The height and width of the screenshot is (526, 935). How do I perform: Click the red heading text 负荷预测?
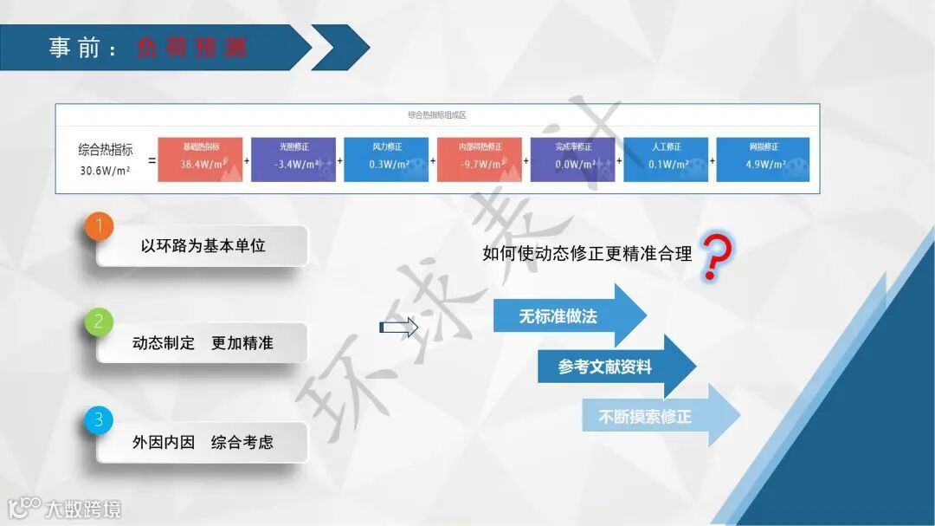click(191, 48)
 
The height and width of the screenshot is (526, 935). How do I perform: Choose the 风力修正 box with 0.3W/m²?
click(386, 159)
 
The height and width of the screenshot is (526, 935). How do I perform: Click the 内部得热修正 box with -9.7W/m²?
click(479, 159)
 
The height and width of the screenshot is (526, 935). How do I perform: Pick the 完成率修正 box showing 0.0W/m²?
click(572, 159)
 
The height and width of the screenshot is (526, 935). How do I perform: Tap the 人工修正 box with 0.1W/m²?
click(666, 159)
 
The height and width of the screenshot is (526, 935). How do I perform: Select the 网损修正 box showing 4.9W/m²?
click(763, 159)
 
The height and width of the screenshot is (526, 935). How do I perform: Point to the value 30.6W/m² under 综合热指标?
click(105, 170)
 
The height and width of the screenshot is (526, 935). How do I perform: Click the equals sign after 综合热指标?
click(152, 160)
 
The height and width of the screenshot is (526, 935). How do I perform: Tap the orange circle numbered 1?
click(100, 227)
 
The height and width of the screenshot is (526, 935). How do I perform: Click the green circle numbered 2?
click(100, 323)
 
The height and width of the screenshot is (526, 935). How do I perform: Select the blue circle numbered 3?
click(100, 420)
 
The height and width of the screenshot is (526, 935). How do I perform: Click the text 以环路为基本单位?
click(203, 246)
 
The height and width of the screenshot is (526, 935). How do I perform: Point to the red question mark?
click(716, 257)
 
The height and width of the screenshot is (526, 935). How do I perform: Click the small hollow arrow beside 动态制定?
click(398, 327)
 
